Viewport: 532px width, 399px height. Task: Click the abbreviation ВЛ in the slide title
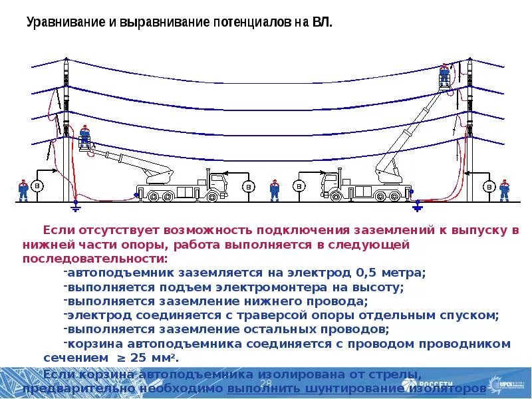(x=321, y=22)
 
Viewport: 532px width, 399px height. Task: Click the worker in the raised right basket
(x=444, y=74)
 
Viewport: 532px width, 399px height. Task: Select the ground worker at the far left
(x=23, y=189)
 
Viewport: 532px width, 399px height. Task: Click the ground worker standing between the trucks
(x=274, y=189)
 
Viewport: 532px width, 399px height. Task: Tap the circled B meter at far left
(x=39, y=186)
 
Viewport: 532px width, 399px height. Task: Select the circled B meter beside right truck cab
(x=299, y=186)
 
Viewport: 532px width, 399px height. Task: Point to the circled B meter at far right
(x=489, y=186)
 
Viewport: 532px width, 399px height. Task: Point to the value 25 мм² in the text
(x=155, y=358)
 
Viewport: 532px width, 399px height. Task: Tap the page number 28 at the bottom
(x=265, y=384)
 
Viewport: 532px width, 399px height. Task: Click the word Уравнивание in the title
(x=66, y=22)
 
